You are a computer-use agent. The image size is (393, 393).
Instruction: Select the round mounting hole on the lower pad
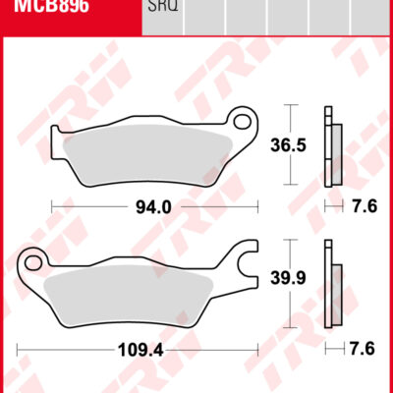click(x=37, y=262)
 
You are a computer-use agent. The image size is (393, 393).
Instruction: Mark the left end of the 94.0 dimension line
click(x=52, y=207)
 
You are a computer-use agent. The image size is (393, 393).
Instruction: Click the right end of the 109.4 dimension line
click(x=257, y=349)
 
